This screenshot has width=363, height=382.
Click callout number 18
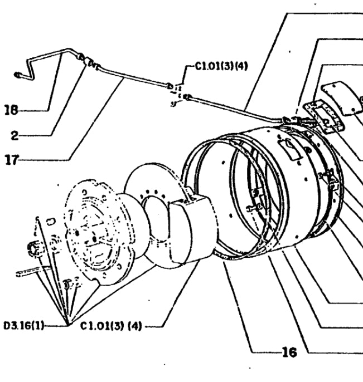click(12, 110)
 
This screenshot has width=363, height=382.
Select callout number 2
click(15, 135)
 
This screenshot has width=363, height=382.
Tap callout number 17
click(12, 160)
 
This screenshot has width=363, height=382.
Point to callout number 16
click(289, 352)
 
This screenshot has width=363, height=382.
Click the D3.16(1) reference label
click(23, 325)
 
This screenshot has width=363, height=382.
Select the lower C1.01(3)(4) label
click(111, 326)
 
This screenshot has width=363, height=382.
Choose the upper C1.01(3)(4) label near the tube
click(221, 66)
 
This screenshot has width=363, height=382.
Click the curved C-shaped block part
click(193, 229)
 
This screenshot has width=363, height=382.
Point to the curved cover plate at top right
click(343, 97)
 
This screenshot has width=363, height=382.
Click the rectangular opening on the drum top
click(289, 150)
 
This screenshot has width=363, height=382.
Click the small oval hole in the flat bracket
click(51, 221)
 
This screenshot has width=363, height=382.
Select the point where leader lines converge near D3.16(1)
click(69, 324)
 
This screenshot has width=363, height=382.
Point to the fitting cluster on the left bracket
click(34, 248)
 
